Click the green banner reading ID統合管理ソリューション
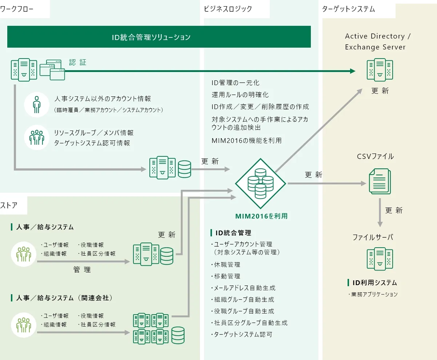[x=159, y=37]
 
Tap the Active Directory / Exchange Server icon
[x=380, y=70]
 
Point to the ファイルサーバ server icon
[x=380, y=259]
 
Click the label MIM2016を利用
[x=261, y=216]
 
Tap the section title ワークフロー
[x=17, y=9]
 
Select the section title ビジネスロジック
[x=228, y=9]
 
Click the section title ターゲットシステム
[x=348, y=9]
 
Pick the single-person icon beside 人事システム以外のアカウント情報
[x=36, y=104]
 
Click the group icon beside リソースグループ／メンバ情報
[x=36, y=137]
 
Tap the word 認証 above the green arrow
[x=77, y=62]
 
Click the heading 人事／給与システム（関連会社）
[x=64, y=298]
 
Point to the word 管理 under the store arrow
[x=82, y=269]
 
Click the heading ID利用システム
[x=374, y=283]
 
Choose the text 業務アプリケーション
[x=374, y=294]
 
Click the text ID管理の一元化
[x=236, y=83]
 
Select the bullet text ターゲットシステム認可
[x=243, y=334]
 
